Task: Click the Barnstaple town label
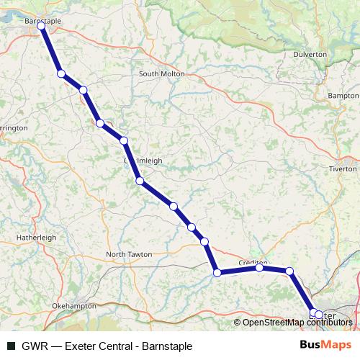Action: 43,22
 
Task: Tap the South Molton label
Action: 161,74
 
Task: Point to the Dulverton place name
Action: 310,54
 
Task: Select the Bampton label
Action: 342,96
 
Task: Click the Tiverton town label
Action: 342,168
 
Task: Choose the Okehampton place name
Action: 73,306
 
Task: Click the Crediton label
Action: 253,263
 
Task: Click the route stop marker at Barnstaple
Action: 42,26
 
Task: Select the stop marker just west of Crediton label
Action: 259,268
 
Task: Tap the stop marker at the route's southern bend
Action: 217,272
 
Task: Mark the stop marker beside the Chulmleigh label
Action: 124,140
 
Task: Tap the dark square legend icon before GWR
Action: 11,346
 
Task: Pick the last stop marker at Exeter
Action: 319,315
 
